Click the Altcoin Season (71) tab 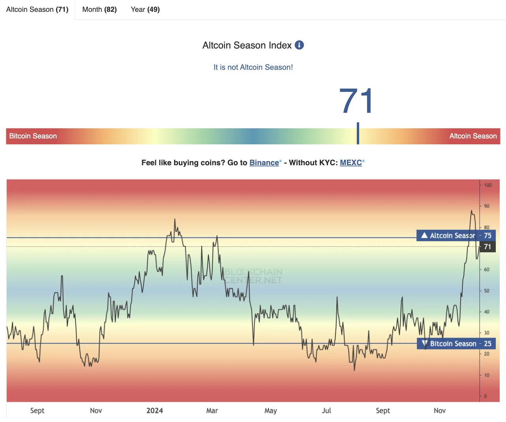click(37, 9)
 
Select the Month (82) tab click(99, 9)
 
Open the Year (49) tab click(145, 9)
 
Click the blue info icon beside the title click(300, 45)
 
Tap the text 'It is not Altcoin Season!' click(253, 67)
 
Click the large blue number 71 click(356, 101)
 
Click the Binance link click(264, 162)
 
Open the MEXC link click(351, 162)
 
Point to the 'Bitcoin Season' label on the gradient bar click(33, 136)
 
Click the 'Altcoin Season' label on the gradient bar click(473, 136)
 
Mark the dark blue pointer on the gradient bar click(358, 133)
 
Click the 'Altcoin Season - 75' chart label click(456, 235)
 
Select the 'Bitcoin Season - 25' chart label click(456, 344)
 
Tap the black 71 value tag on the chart click(487, 247)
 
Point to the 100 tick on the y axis click(488, 185)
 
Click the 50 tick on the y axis click(487, 291)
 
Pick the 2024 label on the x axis click(155, 411)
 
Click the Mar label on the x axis click(212, 411)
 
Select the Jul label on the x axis click(326, 411)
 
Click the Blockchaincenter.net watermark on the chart click(253, 276)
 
